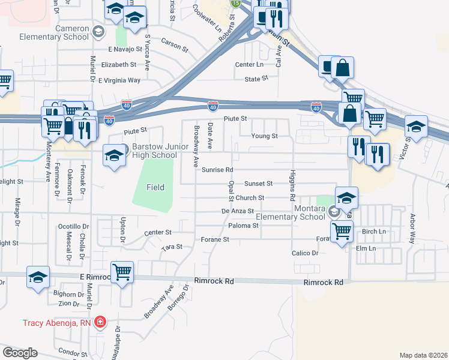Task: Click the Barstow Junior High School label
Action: pos(147,151)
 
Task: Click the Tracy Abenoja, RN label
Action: pos(58,322)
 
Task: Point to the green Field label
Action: pos(155,187)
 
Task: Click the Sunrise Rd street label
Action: pos(217,170)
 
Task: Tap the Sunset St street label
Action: pos(258,184)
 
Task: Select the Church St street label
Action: pos(250,198)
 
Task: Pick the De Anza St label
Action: pos(234,211)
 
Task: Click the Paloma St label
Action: pos(243,226)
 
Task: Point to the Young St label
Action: pos(264,136)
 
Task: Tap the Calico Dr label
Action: pos(305,253)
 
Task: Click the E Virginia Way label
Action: pos(119,80)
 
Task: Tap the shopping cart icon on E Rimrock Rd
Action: pos(122,272)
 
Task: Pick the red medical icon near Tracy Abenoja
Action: pos(101,322)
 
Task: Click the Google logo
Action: pos(20,353)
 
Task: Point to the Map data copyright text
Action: pos(424,355)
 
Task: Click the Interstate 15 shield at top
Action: pos(235,3)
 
